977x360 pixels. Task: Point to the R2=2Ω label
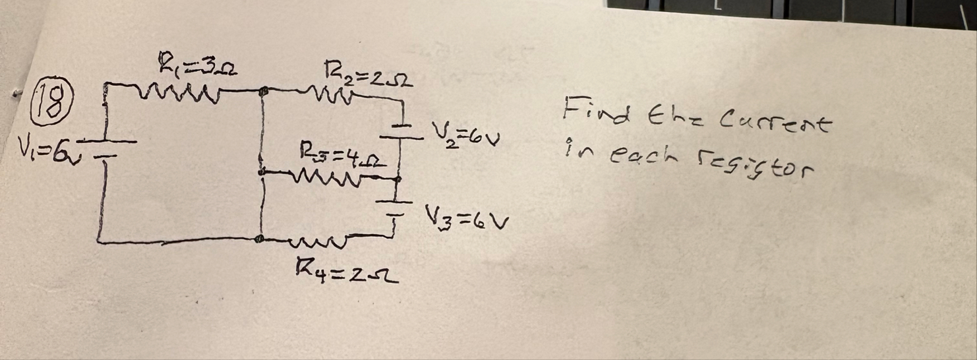point(368,78)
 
